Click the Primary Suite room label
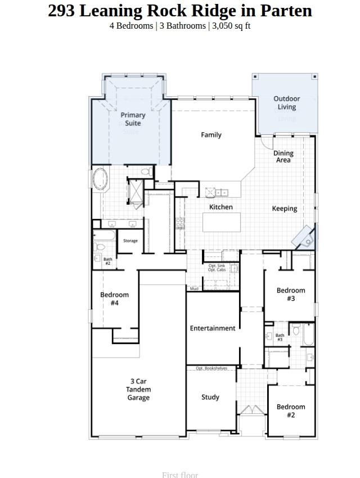tap(133, 119)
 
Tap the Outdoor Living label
tap(287, 103)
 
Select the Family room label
tap(211, 135)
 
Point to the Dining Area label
tap(283, 157)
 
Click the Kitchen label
tap(221, 207)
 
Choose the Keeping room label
tap(285, 209)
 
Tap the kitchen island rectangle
tap(222, 222)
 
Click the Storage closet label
tap(130, 241)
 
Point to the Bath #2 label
tap(107, 261)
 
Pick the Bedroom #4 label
tap(115, 299)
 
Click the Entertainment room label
tap(213, 328)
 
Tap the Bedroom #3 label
tap(291, 295)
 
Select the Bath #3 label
tap(280, 337)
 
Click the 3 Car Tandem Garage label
tap(138, 390)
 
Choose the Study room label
tap(210, 397)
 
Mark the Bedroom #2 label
tap(291, 411)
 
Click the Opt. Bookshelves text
tap(211, 368)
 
